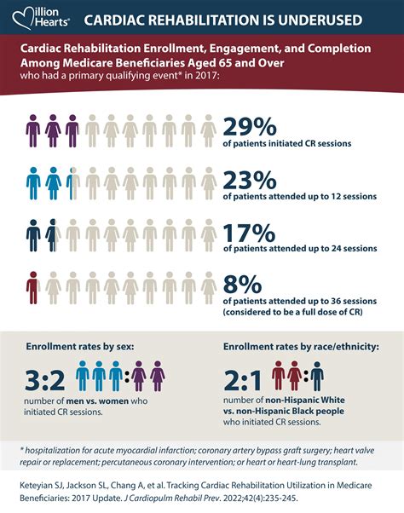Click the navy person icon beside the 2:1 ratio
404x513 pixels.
(x=316, y=374)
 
